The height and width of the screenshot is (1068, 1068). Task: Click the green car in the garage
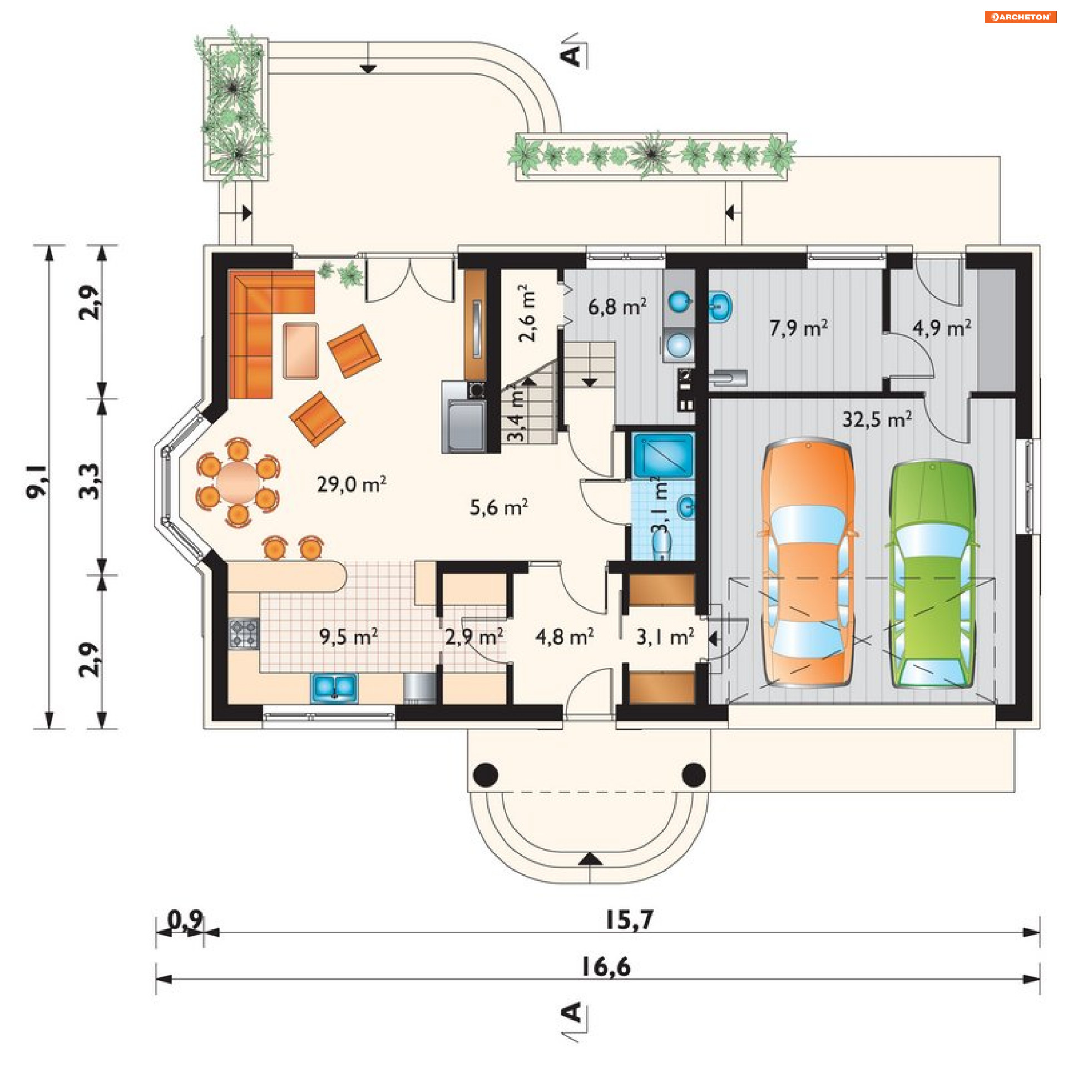[933, 573]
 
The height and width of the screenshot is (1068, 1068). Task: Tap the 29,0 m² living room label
[352, 484]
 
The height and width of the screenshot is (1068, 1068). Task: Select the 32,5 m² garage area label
[877, 419]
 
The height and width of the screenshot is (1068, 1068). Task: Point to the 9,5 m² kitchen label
[349, 636]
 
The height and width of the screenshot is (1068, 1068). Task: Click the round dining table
[239, 482]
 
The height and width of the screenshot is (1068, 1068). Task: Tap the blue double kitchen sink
[334, 688]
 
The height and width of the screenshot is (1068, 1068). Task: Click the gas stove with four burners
[244, 634]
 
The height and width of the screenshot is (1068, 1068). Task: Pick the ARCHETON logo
[1021, 17]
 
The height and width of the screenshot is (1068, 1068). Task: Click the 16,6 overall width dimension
[606, 967]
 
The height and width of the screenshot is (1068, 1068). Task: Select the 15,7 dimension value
[629, 920]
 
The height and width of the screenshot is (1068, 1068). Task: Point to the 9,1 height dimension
[37, 482]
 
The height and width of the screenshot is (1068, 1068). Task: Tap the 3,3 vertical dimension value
[89, 482]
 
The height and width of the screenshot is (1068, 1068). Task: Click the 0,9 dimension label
[186, 920]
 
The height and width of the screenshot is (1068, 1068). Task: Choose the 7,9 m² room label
[799, 328]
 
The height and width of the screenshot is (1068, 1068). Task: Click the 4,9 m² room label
[942, 328]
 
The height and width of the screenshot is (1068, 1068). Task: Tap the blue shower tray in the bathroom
[663, 455]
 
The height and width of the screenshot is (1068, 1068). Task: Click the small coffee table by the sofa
[301, 350]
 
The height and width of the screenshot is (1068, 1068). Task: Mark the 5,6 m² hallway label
[499, 507]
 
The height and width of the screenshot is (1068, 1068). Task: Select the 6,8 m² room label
[617, 306]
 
